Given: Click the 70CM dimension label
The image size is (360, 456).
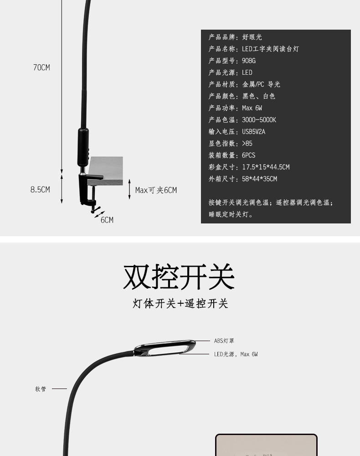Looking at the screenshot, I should tap(41, 67).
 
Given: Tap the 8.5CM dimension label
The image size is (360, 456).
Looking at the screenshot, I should tap(40, 190).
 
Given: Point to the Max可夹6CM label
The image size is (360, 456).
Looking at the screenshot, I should tap(156, 190).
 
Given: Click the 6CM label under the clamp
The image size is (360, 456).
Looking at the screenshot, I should tap(107, 220).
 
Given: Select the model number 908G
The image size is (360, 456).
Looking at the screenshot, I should tap(249, 61).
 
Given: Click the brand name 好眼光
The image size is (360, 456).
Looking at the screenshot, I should tap(252, 37).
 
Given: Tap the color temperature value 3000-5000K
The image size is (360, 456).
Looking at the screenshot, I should tap(259, 120).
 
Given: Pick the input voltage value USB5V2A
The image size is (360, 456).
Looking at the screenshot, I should tap(253, 132).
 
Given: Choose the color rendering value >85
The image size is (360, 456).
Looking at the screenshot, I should tap(247, 144).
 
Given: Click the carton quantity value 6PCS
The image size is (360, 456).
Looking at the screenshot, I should tap(248, 155).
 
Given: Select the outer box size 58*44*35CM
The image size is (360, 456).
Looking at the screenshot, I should tap(259, 179).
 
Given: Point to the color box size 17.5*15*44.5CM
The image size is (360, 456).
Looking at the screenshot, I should tap(266, 167).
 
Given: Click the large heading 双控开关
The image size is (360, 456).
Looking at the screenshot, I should tap(179, 276).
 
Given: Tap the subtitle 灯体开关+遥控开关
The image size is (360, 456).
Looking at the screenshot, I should tap(180, 304).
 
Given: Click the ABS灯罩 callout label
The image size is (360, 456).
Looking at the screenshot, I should tap(224, 341).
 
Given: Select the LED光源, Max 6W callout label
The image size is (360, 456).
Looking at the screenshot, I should tap(236, 354).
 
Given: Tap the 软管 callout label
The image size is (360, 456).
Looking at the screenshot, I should tap(41, 389).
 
